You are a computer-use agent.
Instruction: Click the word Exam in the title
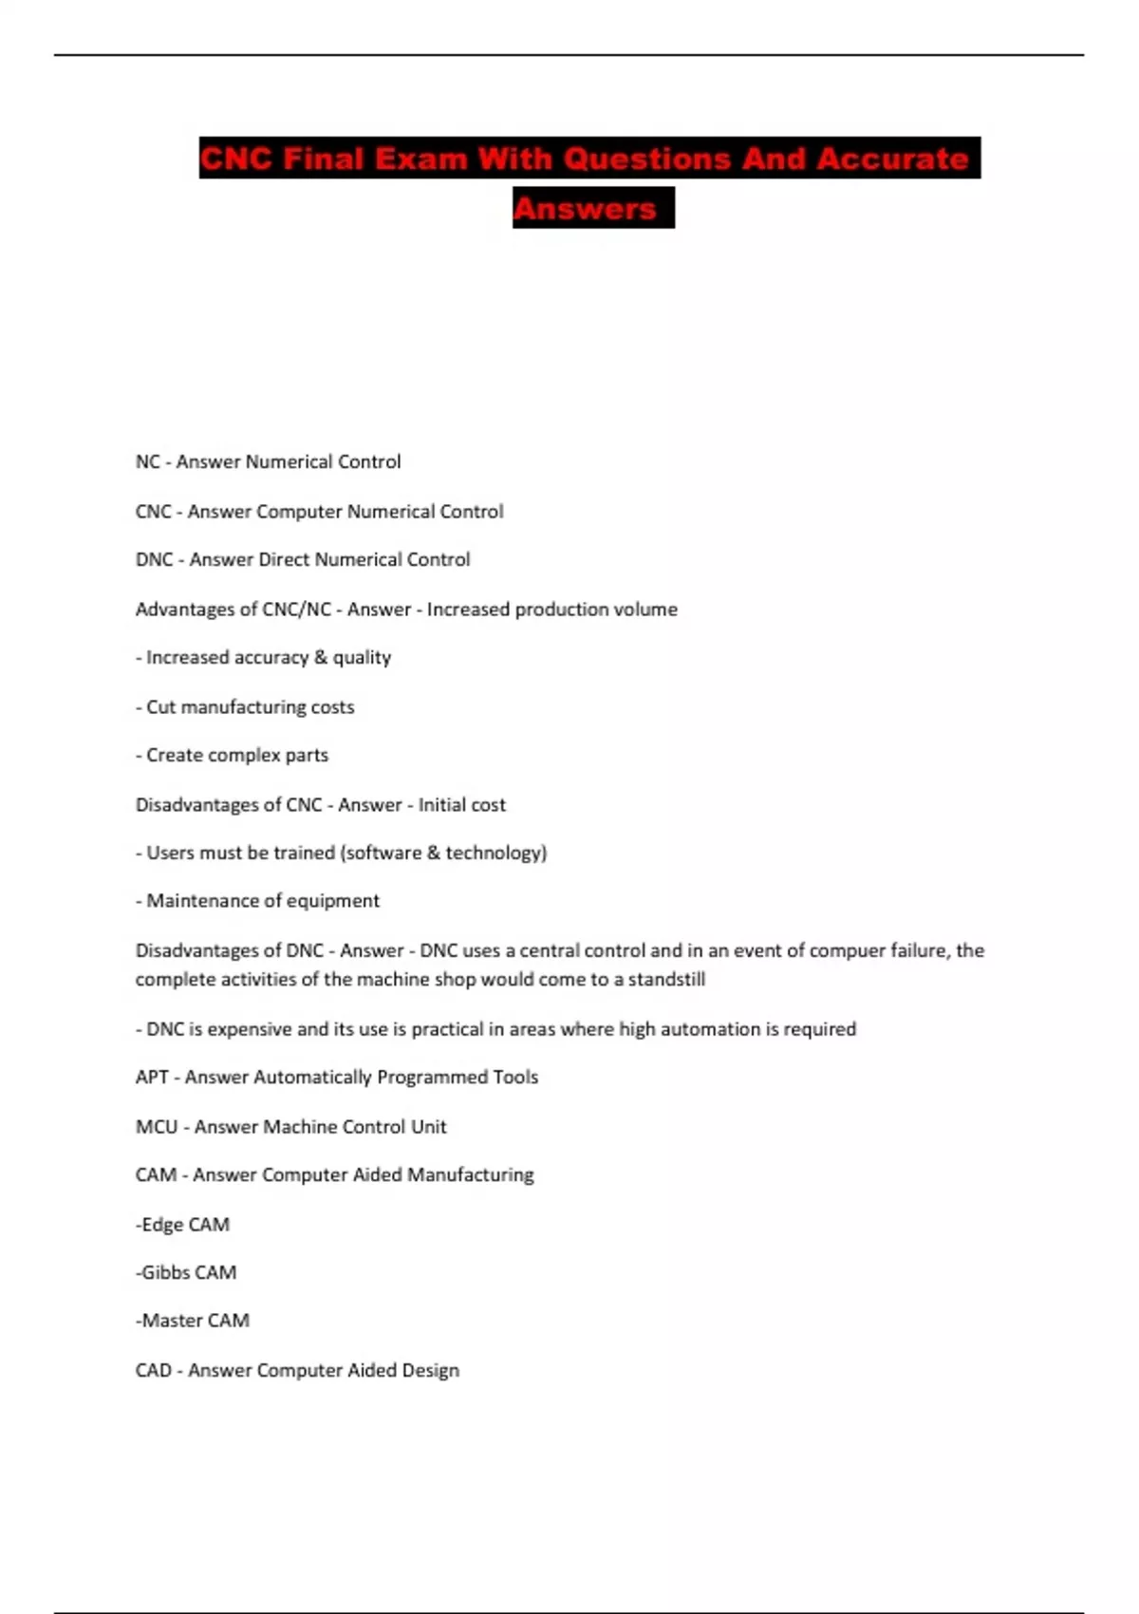coord(420,159)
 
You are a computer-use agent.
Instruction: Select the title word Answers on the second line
coord(585,209)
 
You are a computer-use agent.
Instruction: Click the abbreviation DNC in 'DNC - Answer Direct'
coord(154,560)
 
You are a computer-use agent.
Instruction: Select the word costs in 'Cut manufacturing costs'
coord(332,707)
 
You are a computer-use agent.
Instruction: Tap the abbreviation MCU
coord(157,1127)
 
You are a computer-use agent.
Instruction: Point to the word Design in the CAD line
coord(431,1371)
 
